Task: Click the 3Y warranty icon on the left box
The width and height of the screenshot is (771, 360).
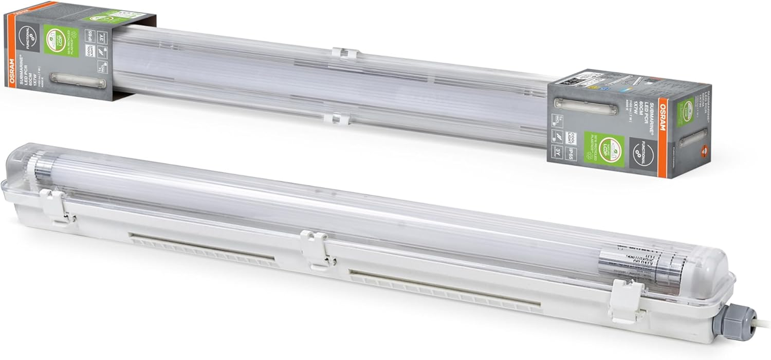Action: click(103, 37)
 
